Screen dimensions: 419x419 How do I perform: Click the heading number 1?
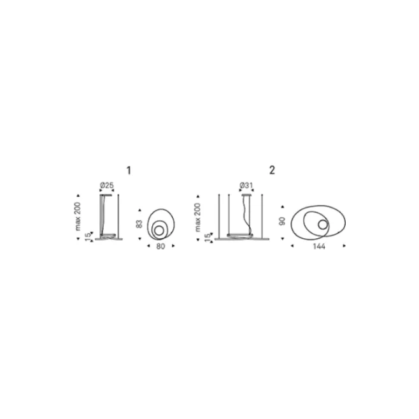point(129,171)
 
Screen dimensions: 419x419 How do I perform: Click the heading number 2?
point(272,170)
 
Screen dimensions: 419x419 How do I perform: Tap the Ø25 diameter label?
point(107,185)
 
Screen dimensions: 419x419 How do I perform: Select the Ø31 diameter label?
point(246,185)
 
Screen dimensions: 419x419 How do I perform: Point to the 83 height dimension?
point(139,224)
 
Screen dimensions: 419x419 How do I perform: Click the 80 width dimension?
point(160,246)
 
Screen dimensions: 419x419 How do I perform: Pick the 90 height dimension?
point(282,221)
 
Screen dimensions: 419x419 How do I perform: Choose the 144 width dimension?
point(319,246)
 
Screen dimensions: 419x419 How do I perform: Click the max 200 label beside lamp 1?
point(78,217)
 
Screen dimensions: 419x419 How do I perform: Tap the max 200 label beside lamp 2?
point(197,217)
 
